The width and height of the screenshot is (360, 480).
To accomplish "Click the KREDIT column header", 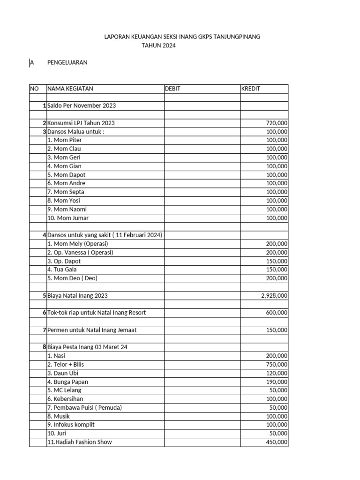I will pos(251,89).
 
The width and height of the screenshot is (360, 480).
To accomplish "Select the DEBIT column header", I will pos(172,89).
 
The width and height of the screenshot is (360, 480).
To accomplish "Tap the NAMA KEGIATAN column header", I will pos(70,89).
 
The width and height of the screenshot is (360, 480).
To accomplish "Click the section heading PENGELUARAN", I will pos(67,63).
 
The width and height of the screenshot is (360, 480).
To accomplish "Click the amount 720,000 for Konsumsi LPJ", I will pos(277,123).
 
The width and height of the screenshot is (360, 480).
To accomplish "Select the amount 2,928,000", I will pos(274,296).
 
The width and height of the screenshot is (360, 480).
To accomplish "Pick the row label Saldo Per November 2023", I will pos(82,106).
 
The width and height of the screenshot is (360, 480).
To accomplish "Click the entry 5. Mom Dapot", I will pos(66,175).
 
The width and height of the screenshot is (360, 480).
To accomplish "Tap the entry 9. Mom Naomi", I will pos(67,210).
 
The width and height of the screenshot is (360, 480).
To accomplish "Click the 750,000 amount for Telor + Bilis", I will pos(277,365).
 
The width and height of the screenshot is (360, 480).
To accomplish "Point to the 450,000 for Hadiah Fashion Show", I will pos(277,442).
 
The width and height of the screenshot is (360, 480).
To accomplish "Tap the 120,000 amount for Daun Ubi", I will pos(277,373).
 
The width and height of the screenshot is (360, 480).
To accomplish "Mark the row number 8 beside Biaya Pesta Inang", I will pos(44,347).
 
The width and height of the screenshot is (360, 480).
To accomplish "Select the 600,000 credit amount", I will pos(277,313).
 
